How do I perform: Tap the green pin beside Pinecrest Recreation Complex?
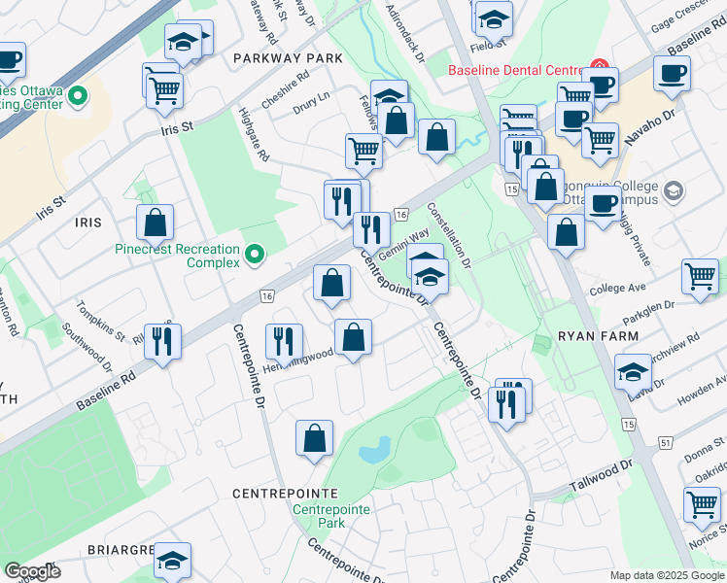255,256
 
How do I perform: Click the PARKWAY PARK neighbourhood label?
288,58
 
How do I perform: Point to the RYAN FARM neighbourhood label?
599,336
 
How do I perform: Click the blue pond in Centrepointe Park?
374,449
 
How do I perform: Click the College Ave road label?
617,289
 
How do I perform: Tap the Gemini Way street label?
403,244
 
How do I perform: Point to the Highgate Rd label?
255,134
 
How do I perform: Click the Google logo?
32,571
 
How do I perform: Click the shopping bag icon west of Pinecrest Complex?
156,223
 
